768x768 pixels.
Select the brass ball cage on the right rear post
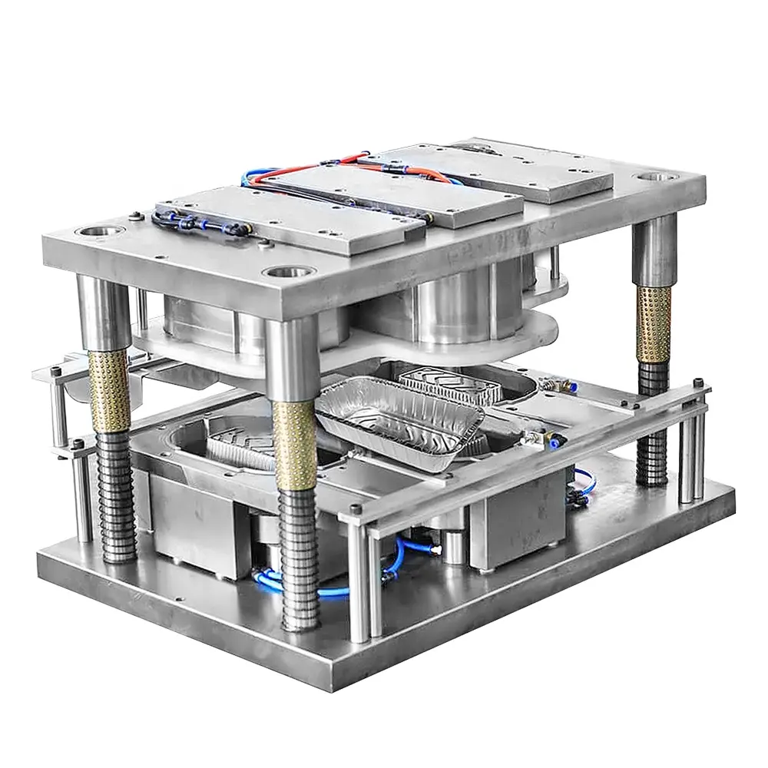click(654, 323)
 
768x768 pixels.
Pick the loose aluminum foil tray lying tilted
click(399, 419)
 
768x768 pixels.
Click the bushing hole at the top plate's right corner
click(657, 177)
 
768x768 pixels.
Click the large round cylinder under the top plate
click(453, 307)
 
